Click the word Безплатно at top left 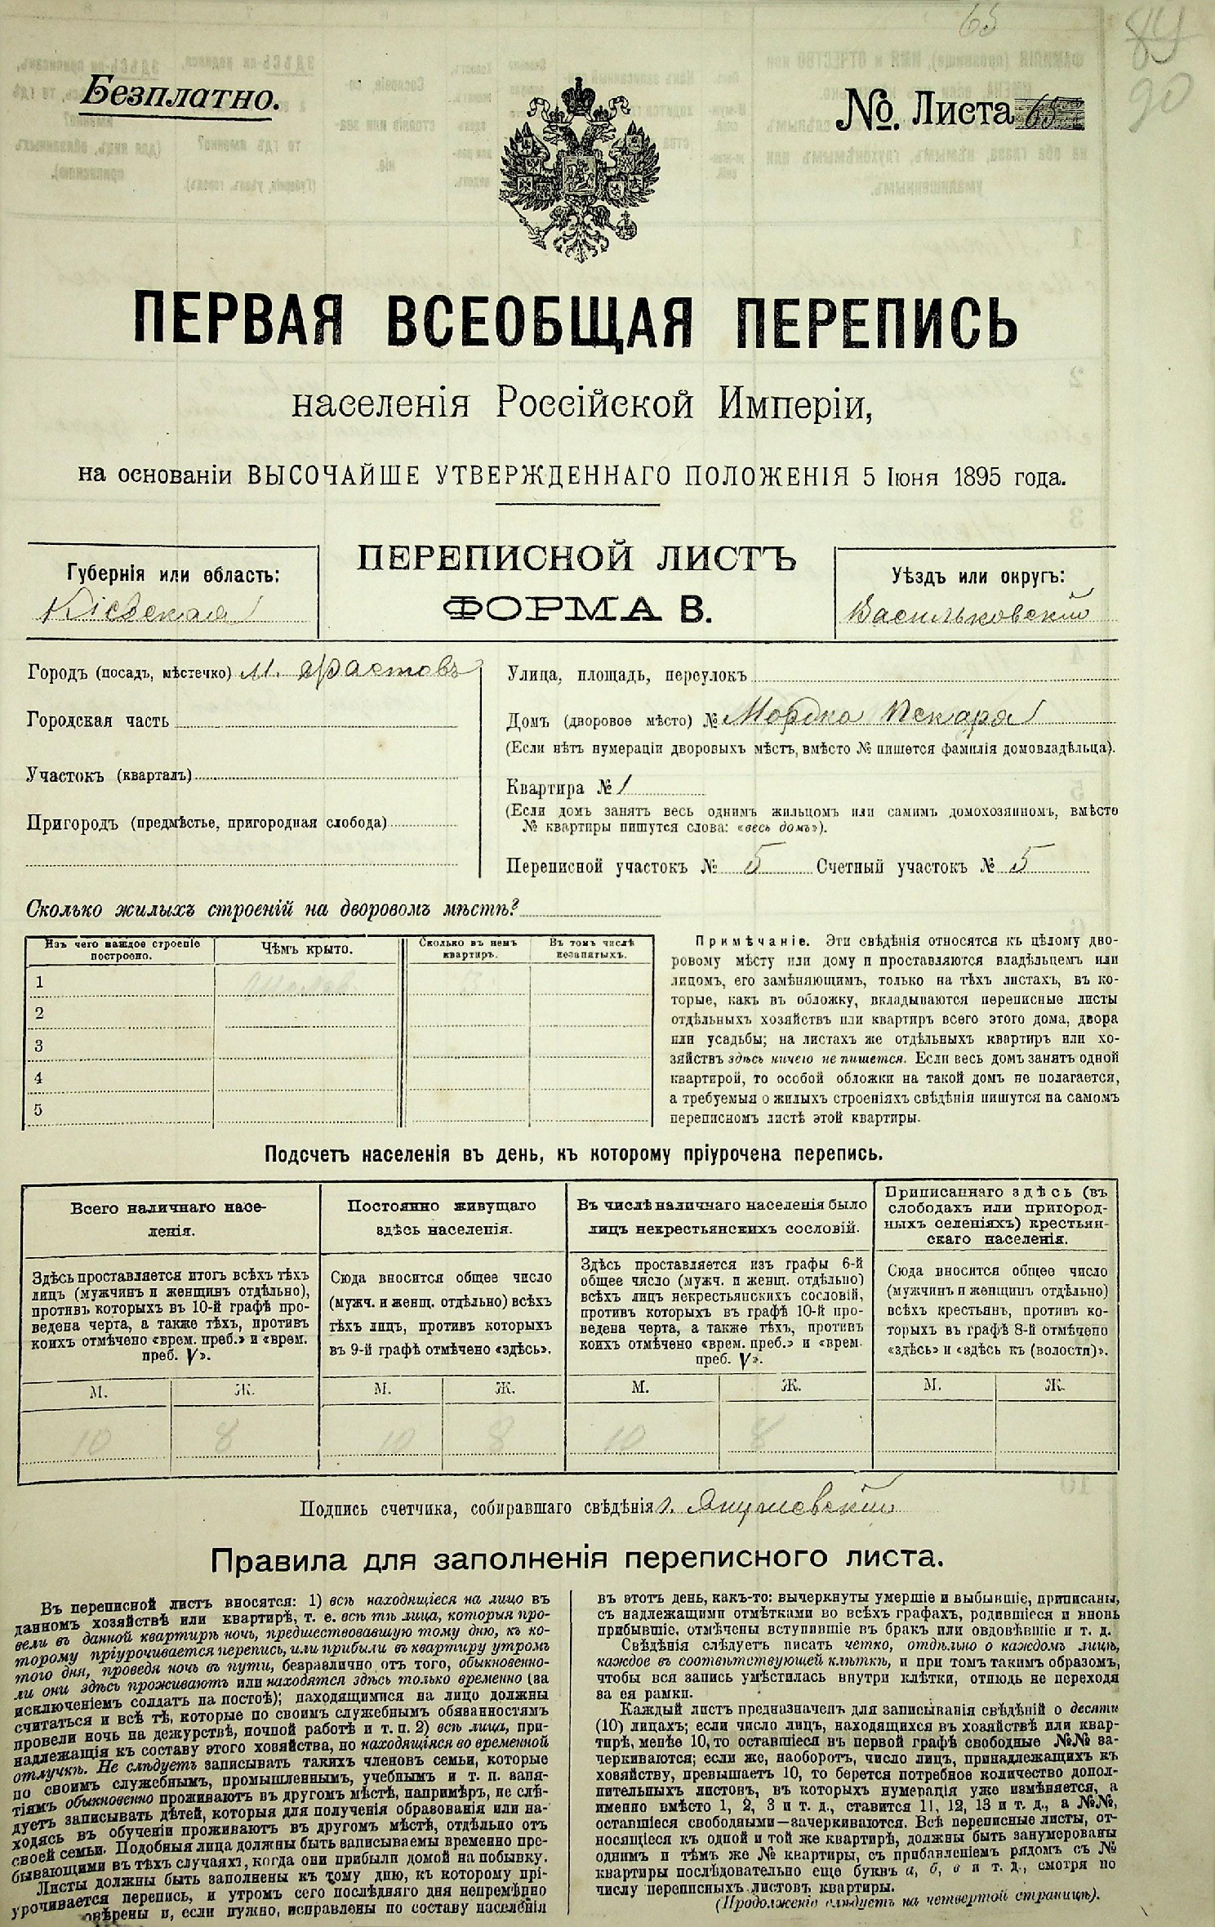click(x=180, y=99)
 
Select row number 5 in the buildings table click(x=38, y=1109)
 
